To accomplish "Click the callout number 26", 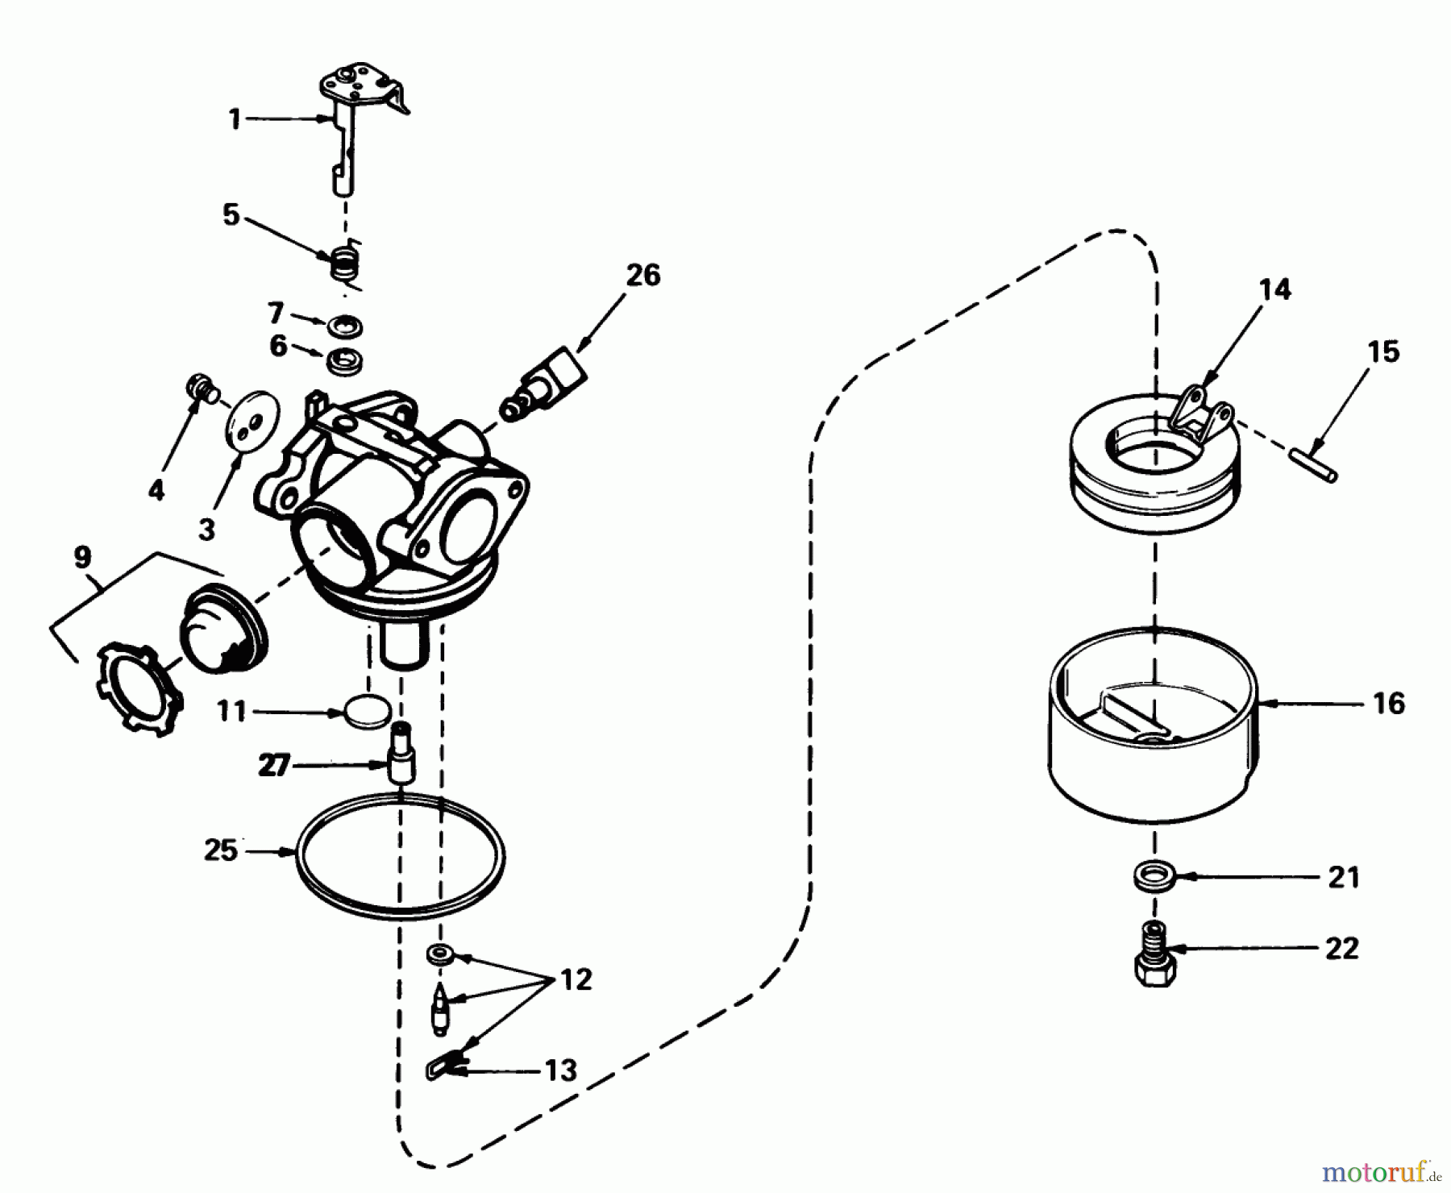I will (x=643, y=275).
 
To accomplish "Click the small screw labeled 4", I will (x=200, y=389).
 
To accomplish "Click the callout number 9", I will (x=83, y=558).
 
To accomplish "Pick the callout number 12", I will (x=575, y=980).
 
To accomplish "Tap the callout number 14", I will (x=1274, y=289).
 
